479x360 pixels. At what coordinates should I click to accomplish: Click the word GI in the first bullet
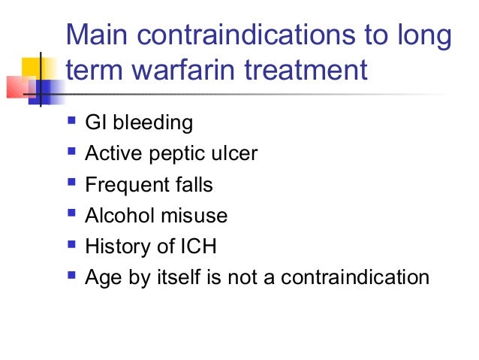95,123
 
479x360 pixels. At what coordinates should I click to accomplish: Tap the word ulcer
237,153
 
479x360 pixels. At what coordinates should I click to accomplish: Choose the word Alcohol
115,216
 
